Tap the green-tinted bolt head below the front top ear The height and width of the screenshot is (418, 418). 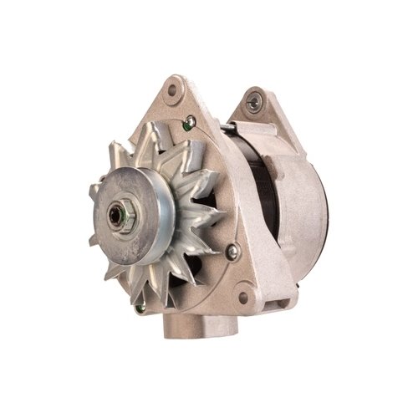(x=190, y=122)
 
